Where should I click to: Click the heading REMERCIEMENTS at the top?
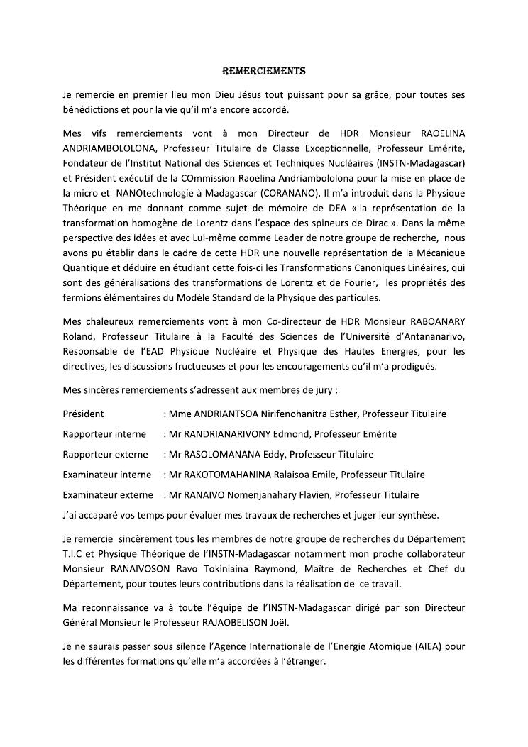click(264, 71)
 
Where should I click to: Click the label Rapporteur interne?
click(104, 434)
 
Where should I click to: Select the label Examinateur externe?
click(108, 494)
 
